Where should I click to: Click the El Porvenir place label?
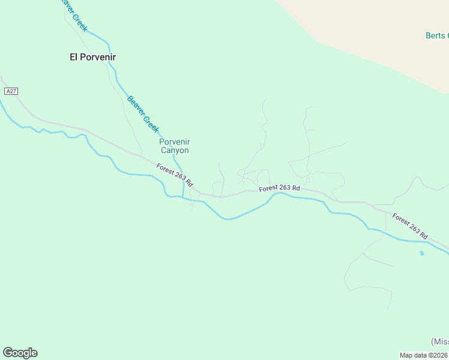point(92,57)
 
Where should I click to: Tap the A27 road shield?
point(11,91)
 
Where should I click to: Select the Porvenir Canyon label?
point(174,146)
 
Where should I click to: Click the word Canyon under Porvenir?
point(174,151)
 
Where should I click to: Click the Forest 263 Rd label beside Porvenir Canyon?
point(174,174)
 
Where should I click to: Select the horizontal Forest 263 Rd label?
point(279,188)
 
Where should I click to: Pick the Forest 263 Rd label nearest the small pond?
point(409,225)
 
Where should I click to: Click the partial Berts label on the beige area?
point(436,35)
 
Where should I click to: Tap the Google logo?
point(20,353)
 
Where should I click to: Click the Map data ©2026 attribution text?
point(424,355)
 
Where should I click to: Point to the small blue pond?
point(422,253)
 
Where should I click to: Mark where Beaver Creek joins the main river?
point(183,197)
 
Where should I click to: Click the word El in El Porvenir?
point(74,57)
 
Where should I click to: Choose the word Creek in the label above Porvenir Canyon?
point(151,124)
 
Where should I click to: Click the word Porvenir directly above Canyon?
point(174,142)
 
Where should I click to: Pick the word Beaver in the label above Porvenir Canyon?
point(136,105)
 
